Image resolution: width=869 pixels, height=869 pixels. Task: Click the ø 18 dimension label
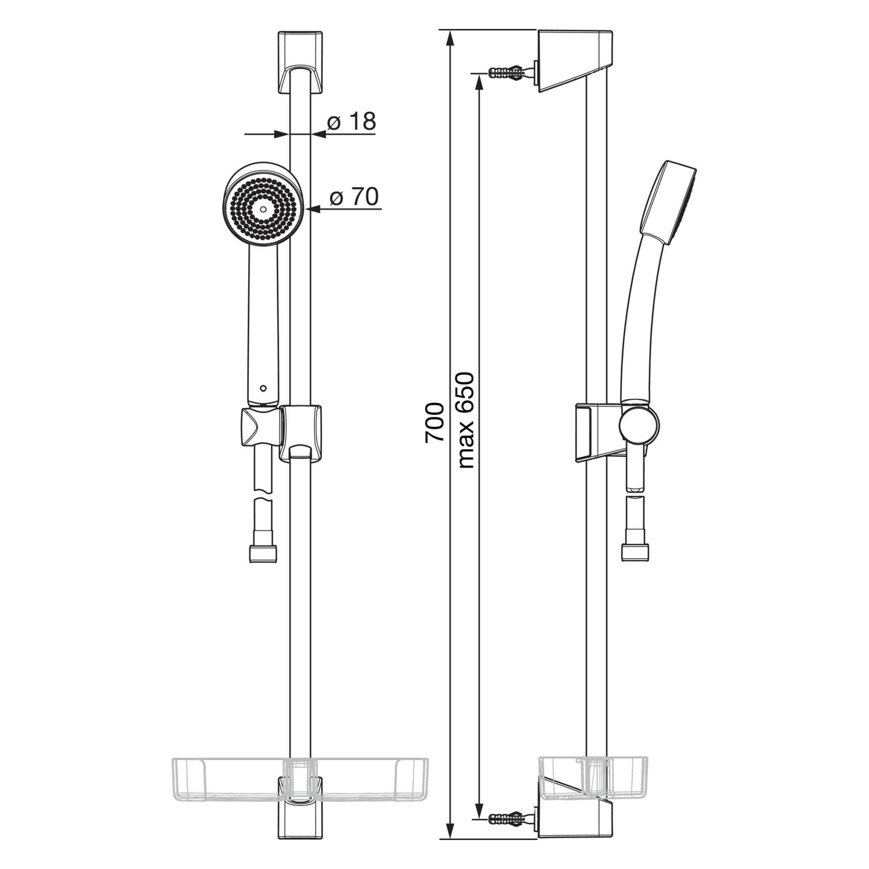[x=351, y=122]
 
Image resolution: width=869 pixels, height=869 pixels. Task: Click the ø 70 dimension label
[x=354, y=197]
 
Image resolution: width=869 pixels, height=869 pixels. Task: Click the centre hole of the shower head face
[x=263, y=210]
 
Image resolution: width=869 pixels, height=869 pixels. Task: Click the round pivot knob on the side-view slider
[x=639, y=425]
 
